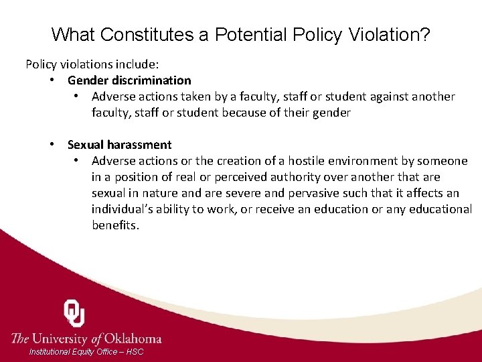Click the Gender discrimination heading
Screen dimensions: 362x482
129,80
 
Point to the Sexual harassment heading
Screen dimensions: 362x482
119,145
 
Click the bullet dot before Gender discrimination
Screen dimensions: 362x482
52,80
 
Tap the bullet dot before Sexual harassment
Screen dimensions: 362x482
52,145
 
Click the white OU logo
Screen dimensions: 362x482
74,313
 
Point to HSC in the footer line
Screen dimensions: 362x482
135,352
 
